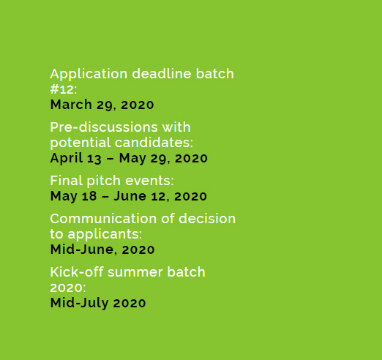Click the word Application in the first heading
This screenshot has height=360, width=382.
tap(89, 74)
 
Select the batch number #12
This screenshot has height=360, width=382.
tap(61, 89)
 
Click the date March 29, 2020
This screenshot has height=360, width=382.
tap(102, 105)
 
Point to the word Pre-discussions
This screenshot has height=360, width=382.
tap(104, 127)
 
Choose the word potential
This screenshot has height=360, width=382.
tap(80, 143)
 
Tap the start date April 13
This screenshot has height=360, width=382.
tap(75, 158)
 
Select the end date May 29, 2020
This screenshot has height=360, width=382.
tap(163, 158)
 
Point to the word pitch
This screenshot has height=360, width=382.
tap(104, 181)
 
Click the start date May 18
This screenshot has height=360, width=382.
tap(73, 196)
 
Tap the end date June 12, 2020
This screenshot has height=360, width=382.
tap(160, 196)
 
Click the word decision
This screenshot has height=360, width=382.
tap(207, 218)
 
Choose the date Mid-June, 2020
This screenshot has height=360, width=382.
tap(102, 250)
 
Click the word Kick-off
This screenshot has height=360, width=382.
tap(77, 271)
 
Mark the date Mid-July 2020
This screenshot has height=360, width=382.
tap(98, 303)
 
